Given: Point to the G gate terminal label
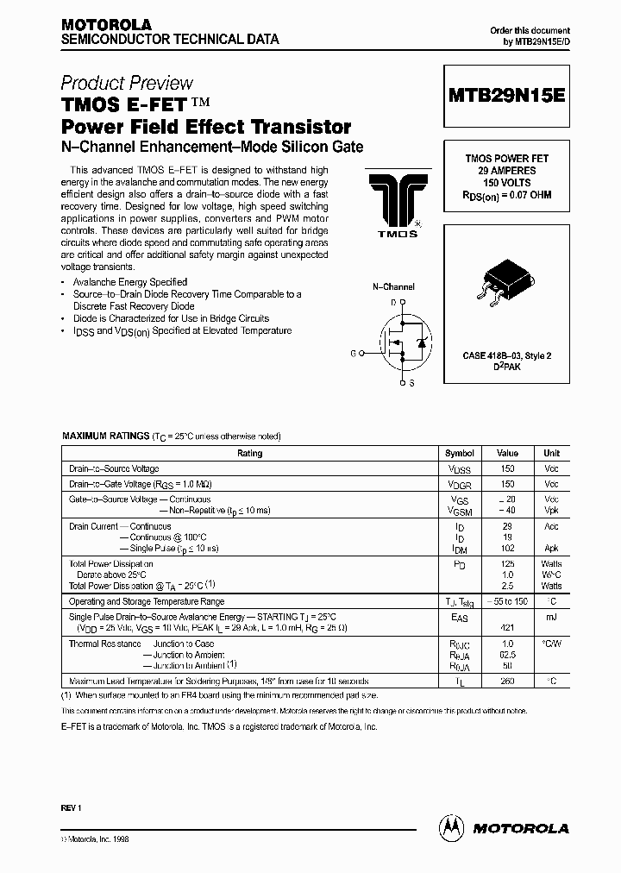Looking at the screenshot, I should coord(353,353).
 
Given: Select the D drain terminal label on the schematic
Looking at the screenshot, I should coord(392,302).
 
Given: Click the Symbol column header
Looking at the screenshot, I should coord(459,453).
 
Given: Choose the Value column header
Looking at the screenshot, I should coord(507,453).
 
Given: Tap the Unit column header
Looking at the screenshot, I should coord(551,453).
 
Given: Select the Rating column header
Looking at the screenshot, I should coord(249,453).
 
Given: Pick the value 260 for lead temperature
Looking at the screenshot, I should coord(507,681).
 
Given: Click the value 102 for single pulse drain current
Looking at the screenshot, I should coord(507,548).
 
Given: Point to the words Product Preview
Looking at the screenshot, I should coord(127,83).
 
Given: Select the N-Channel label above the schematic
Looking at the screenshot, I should coord(393,286).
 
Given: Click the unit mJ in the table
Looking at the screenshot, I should coord(551,617).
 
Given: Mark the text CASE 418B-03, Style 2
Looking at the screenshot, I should coord(507,355).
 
